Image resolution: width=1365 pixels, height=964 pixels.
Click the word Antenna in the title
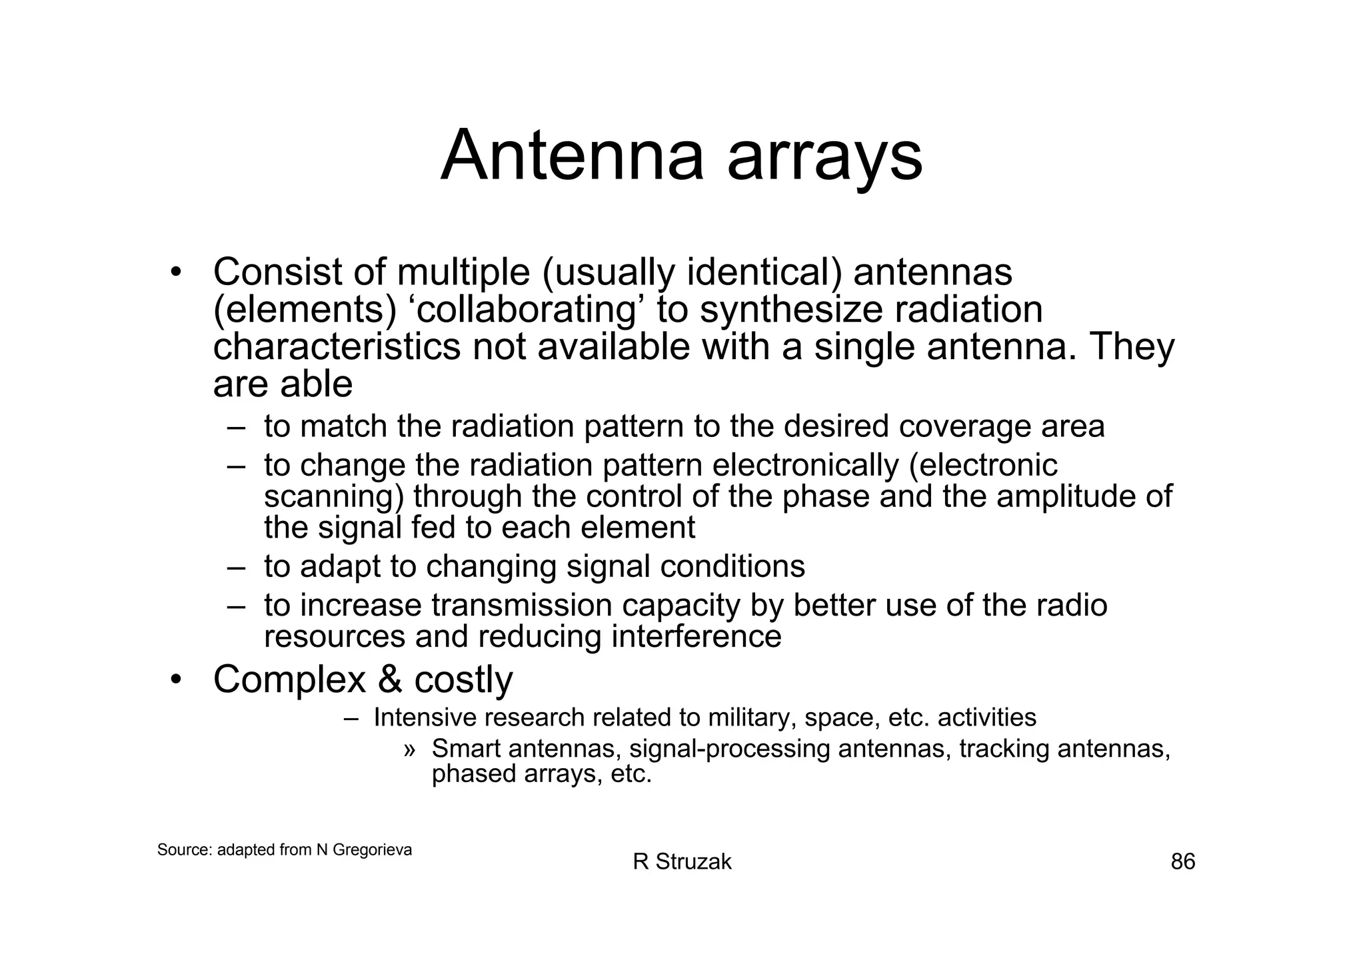[572, 157]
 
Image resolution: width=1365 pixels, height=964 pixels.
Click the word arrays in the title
[824, 160]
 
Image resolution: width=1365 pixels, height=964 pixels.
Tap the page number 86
[1183, 861]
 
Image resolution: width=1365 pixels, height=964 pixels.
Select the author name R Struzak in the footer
[682, 861]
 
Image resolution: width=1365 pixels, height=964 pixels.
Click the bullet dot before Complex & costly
[175, 680]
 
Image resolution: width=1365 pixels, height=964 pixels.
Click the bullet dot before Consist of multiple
[175, 272]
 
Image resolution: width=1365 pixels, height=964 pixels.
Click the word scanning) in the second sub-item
[334, 498]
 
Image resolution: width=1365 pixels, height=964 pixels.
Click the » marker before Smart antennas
[409, 750]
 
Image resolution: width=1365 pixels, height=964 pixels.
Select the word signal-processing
[729, 749]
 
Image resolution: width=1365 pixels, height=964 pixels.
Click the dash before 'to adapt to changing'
[236, 567]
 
